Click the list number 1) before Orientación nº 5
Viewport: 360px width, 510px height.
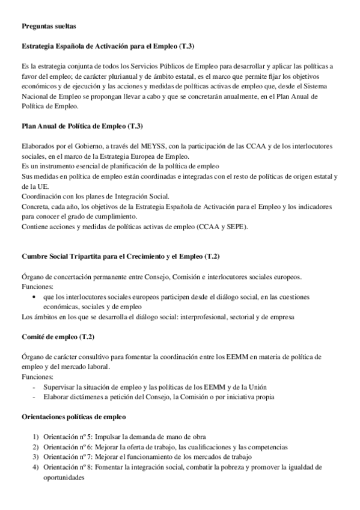(x=36, y=437)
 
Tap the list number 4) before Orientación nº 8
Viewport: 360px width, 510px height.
(x=36, y=467)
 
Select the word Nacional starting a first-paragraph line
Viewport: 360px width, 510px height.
(x=35, y=96)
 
